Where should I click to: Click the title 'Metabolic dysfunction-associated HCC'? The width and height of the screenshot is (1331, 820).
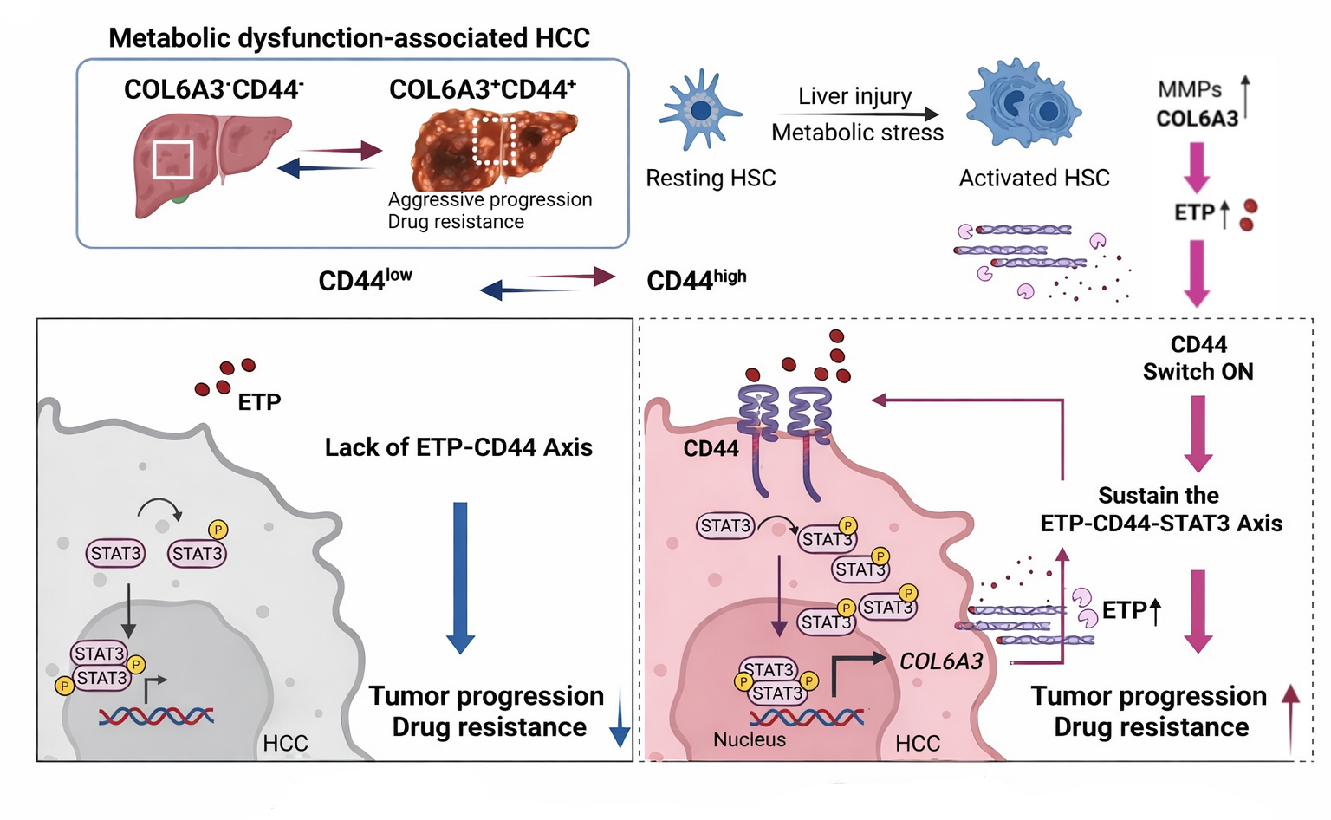pyautogui.click(x=349, y=38)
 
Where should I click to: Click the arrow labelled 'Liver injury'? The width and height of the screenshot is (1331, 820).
pyautogui.click(x=856, y=114)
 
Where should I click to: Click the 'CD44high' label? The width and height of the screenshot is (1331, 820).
pyautogui.click(x=696, y=280)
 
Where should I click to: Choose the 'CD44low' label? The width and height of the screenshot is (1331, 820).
pyautogui.click(x=365, y=280)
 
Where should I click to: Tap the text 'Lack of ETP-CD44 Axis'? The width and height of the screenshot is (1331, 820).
pyautogui.click(x=458, y=447)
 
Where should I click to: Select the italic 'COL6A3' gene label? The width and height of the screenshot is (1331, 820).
pyautogui.click(x=941, y=661)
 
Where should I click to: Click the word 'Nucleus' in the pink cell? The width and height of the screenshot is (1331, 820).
pyautogui.click(x=750, y=739)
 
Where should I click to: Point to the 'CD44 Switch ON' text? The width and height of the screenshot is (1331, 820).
pyautogui.click(x=1198, y=358)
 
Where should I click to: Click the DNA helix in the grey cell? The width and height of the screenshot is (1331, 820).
pyautogui.click(x=156, y=716)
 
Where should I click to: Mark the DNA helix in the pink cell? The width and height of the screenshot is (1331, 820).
pyautogui.click(x=806, y=717)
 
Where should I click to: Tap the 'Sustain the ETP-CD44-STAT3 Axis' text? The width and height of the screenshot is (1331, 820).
pyautogui.click(x=1160, y=510)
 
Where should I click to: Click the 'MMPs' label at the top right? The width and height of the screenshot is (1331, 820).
pyautogui.click(x=1189, y=89)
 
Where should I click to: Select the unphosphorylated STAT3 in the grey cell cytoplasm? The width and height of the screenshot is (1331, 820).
pyautogui.click(x=115, y=553)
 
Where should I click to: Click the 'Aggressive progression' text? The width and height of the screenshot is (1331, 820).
pyautogui.click(x=490, y=199)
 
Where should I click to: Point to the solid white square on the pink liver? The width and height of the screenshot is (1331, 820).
pyautogui.click(x=172, y=159)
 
